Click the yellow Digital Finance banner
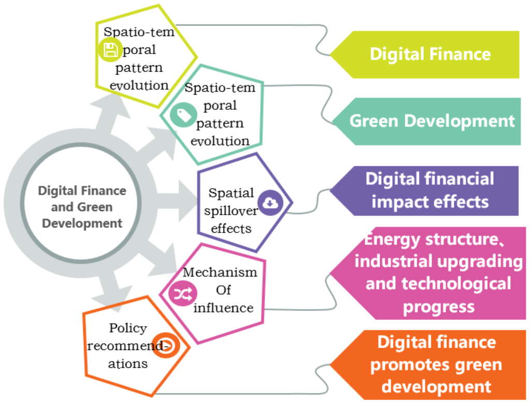(430, 54)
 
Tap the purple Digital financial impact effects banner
(430, 191)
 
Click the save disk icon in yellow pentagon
(110, 50)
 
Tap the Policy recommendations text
(128, 345)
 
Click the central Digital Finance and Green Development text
(82, 207)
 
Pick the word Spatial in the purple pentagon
(231, 193)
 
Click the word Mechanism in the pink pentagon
(220, 272)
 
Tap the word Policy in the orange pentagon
(128, 328)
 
